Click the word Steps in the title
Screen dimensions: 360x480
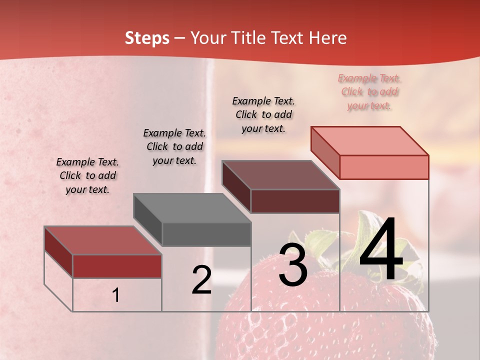pos(147,38)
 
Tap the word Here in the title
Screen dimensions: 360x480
pos(328,38)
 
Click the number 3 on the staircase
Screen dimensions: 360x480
pos(293,265)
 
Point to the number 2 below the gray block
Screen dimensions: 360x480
pos(201,280)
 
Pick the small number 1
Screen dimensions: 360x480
pos(116,295)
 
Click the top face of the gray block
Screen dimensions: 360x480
pos(192,208)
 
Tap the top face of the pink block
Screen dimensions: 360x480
pos(370,140)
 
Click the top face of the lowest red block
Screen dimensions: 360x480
pos(103,240)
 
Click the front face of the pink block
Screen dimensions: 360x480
pos(384,167)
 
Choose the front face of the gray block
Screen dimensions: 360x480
pos(206,234)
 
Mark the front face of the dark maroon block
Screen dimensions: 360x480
pos(295,201)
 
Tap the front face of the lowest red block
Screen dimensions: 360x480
pos(117,266)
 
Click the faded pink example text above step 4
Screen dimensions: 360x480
pos(369,92)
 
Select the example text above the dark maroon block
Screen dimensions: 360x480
pos(263,114)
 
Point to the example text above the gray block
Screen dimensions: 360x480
pos(174,146)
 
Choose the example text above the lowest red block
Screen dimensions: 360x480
pos(87,175)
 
